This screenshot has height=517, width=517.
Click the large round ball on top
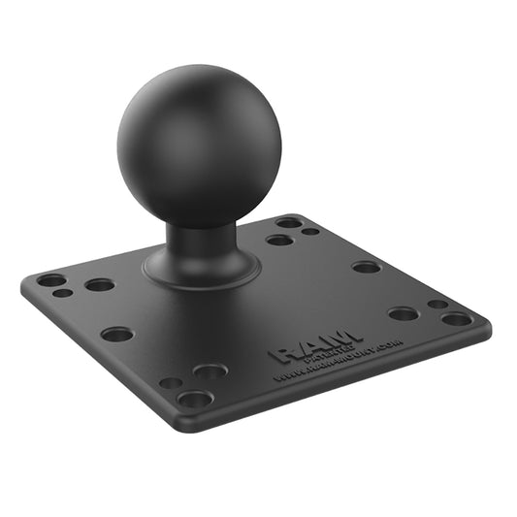[199, 146]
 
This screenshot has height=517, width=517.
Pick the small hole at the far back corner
[309, 231]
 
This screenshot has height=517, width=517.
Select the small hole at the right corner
[438, 304]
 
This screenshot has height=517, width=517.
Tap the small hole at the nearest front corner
[171, 383]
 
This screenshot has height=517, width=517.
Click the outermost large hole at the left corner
[51, 280]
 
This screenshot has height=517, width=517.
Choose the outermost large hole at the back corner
[289, 222]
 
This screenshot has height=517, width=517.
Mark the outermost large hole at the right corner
[457, 318]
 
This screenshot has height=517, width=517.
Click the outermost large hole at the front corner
[194, 399]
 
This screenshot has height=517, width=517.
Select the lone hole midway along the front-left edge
[117, 335]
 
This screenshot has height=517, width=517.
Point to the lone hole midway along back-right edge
[367, 267]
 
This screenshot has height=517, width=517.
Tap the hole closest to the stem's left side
[100, 285]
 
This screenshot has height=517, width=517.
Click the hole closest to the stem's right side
[280, 240]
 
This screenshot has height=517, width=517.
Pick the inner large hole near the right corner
[404, 313]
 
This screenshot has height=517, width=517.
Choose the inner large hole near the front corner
[210, 372]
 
